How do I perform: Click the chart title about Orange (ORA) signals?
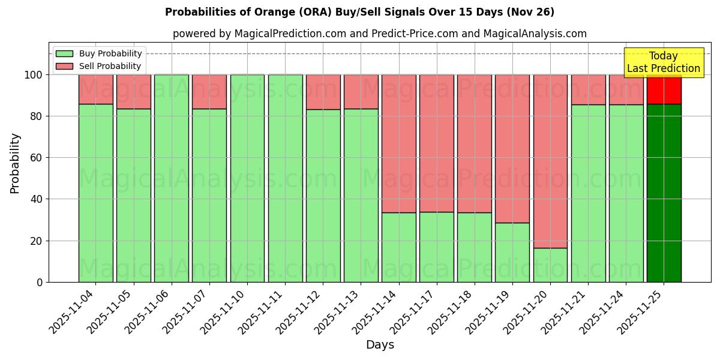359,12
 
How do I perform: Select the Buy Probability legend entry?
99,53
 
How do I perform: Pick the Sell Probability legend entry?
99,66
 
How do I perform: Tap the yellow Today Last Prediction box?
663,62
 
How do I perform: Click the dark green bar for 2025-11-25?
664,192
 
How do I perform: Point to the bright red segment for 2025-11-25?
664,89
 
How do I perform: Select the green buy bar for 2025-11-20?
550,265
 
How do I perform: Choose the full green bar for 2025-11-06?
172,178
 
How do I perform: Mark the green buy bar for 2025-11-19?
512,252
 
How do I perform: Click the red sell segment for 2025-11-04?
96,89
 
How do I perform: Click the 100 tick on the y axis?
35,75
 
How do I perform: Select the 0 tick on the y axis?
40,282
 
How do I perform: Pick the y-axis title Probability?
15,163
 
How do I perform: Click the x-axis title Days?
380,345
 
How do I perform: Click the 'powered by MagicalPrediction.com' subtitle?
379,34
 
